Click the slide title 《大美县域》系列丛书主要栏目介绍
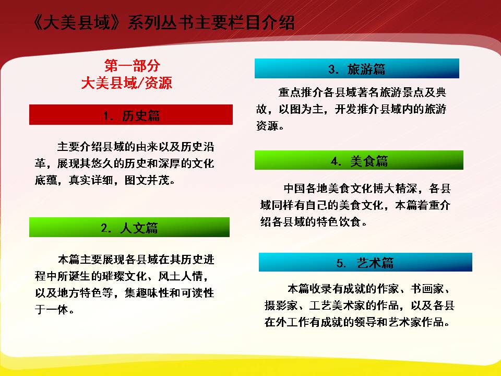point(163,23)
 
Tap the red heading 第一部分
point(132,66)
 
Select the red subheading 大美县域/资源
point(127,83)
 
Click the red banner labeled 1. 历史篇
point(130,114)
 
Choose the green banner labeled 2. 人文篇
point(129,227)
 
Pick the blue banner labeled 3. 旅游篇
point(356,68)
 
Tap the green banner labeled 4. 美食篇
point(359,160)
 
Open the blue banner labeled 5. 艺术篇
point(365,262)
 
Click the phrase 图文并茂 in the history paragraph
point(147,180)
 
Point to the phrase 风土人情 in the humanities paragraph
point(181,276)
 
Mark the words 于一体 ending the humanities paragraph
point(52,310)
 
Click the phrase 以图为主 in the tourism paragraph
point(301,109)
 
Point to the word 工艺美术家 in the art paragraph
point(337,305)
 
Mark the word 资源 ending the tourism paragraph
point(267,126)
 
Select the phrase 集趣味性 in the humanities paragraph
point(147,293)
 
